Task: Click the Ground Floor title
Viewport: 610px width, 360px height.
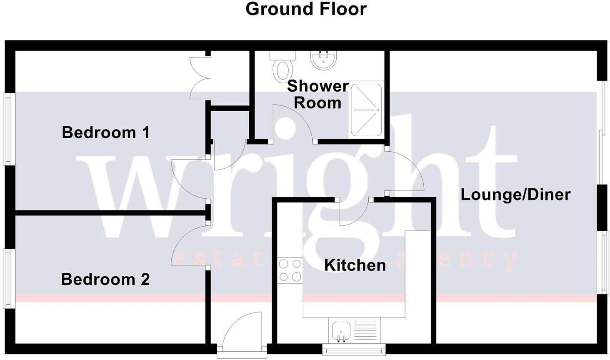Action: (306, 9)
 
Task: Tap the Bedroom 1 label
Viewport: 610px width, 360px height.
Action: (105, 132)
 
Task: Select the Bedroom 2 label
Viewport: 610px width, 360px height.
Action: (105, 279)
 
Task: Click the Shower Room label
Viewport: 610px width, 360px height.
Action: (317, 94)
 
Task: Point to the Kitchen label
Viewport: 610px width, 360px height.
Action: (355, 265)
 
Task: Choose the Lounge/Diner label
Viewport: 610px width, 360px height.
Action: (515, 195)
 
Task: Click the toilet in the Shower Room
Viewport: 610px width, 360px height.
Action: (282, 67)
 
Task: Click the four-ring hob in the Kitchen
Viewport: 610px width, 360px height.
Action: (290, 270)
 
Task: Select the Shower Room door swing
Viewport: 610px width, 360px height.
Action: (294, 121)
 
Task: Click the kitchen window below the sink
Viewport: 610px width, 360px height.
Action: (354, 348)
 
